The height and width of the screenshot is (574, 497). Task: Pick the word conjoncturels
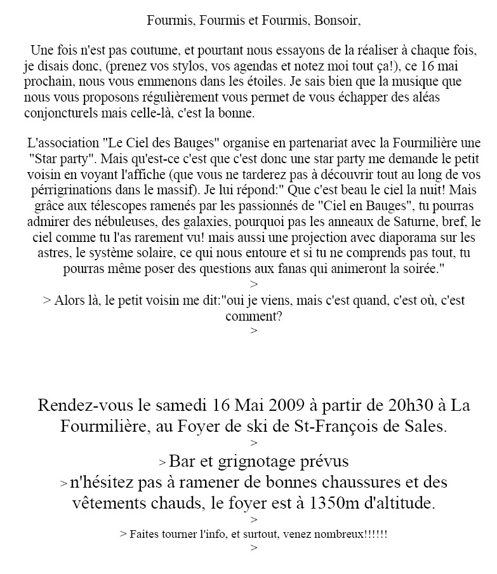click(x=58, y=114)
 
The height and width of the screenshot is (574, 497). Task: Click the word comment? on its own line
click(x=253, y=316)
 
